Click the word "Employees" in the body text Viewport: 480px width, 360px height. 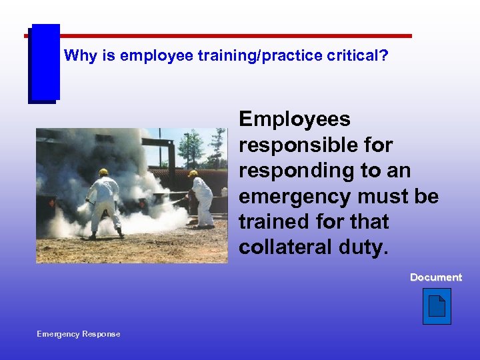point(294,120)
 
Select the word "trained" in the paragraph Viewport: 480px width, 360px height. point(271,221)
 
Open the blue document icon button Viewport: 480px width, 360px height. point(437,307)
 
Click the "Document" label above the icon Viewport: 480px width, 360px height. point(435,277)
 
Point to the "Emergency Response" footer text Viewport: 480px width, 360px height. point(79,334)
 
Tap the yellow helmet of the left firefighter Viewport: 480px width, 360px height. point(103,172)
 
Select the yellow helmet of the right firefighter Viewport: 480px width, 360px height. point(193,174)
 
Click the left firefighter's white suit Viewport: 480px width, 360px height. point(105,200)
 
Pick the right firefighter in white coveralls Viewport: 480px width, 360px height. point(201,200)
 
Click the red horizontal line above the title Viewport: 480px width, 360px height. point(233,36)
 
